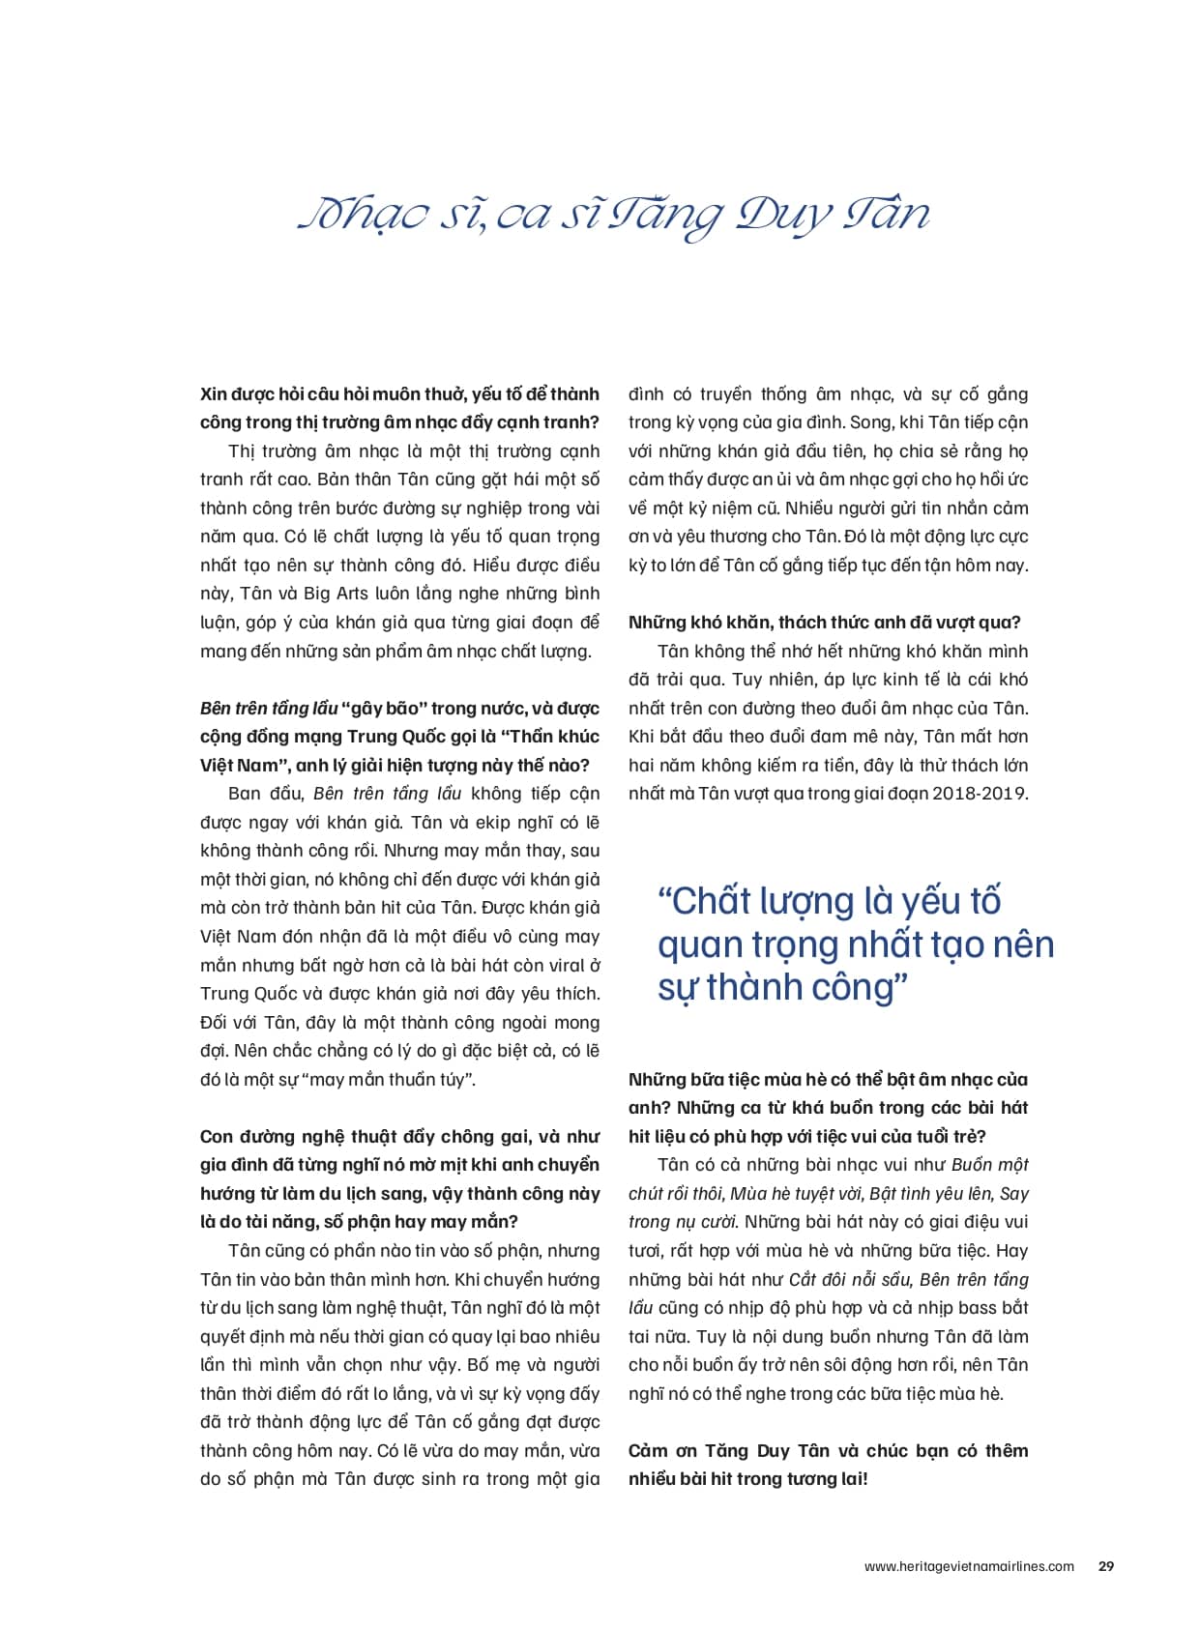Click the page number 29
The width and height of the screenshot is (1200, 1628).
[x=1106, y=1566]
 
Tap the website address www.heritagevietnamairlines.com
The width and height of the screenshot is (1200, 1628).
[x=969, y=1566]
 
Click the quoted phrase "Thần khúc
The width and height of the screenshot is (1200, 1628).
[x=553, y=737]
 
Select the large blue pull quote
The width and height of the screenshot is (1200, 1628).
[x=855, y=944]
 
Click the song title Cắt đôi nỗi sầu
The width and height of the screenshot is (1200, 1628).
[x=850, y=1280]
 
